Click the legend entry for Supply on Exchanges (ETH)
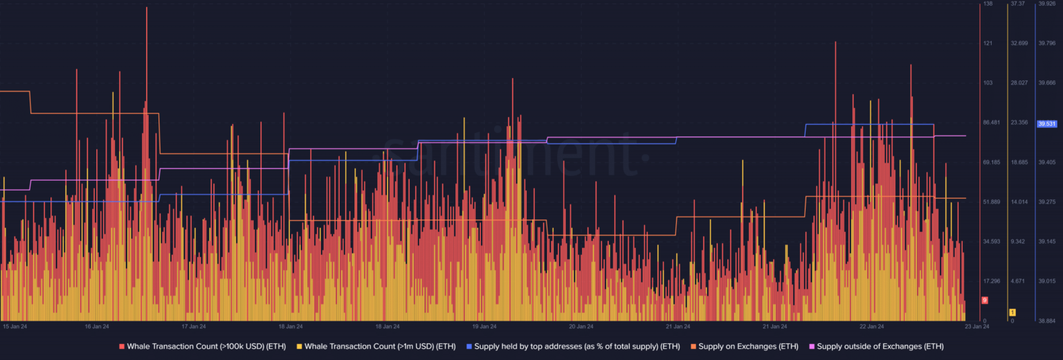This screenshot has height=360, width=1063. pos(748,346)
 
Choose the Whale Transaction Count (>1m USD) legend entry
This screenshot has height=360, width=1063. pos(378,346)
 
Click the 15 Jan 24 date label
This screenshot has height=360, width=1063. pos(15,326)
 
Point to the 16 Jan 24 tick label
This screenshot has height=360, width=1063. pos(97,326)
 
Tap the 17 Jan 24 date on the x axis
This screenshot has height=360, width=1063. pos(194,326)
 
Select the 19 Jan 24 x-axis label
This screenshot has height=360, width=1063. pos(484,326)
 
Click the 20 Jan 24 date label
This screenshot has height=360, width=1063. pos(581,326)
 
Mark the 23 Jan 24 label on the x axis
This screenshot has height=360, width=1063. pos(977,326)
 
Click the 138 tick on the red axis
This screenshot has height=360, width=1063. pos(988,4)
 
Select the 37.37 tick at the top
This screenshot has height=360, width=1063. pos(1017,4)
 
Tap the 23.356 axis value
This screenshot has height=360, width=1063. pos(1019,123)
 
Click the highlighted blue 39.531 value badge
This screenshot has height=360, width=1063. pos(1046,124)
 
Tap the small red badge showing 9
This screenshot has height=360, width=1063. pos(985,300)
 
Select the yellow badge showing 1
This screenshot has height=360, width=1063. pos(1012,312)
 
